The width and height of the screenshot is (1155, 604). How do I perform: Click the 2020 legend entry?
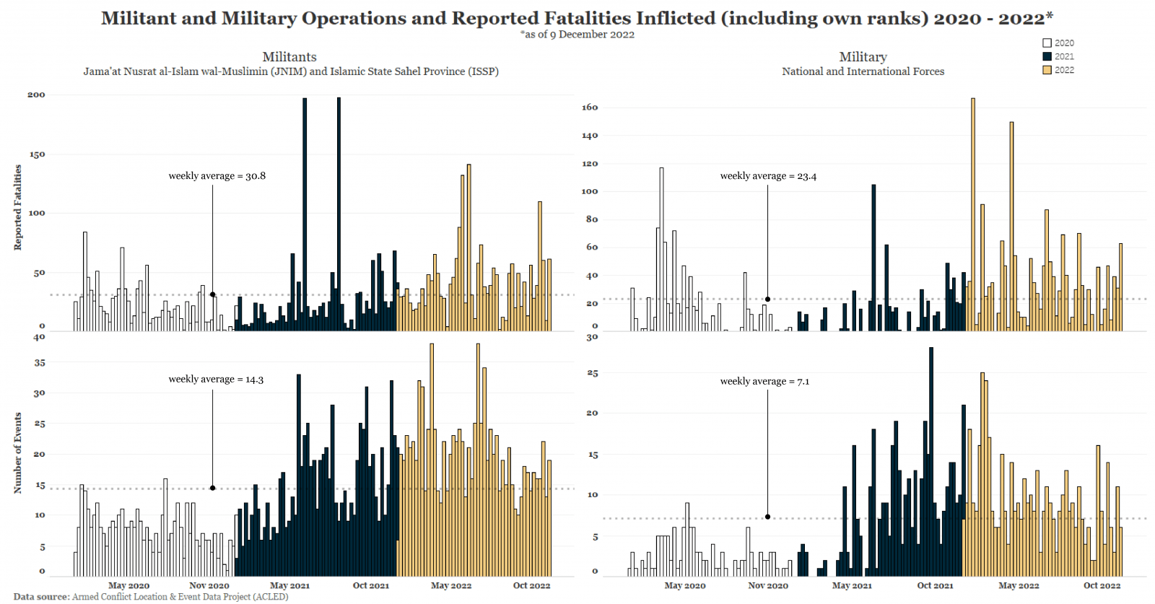1058,43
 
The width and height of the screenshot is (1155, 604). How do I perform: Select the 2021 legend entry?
1058,56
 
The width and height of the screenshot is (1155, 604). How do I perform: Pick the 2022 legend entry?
1058,70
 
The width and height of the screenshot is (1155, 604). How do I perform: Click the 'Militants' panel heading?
289,57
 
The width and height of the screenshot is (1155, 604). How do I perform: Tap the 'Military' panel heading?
863,57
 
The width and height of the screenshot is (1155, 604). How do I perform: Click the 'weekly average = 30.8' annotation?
217,176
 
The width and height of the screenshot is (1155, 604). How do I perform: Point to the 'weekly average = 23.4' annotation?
768,176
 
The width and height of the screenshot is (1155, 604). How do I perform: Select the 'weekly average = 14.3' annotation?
216,380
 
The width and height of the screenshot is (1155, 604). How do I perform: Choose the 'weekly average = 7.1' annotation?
764,382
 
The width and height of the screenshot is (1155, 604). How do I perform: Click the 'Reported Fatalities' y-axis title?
18,208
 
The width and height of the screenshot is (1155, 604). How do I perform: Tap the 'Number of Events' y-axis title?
18,453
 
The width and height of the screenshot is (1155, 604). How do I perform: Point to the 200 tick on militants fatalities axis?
36,95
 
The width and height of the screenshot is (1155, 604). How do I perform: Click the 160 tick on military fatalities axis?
590,108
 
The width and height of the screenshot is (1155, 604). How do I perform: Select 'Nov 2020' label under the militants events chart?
209,586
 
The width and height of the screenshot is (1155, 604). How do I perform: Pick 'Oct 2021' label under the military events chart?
935,586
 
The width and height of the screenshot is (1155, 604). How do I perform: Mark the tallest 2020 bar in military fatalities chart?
661,249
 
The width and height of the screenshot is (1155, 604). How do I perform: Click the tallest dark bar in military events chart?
931,462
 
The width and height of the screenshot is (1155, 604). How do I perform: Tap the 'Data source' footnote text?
151,597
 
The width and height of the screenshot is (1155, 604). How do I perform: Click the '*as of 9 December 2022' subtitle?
577,35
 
